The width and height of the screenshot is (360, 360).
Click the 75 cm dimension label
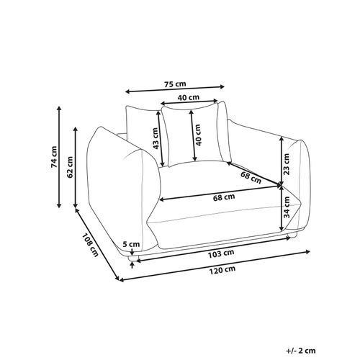tap(175, 84)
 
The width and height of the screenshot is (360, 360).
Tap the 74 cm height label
tap(54, 157)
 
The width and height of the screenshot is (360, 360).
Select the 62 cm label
tap(70, 167)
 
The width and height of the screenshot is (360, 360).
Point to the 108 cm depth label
tap(90, 245)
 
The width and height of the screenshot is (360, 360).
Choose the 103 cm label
tap(221, 253)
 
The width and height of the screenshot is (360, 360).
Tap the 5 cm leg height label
tap(131, 244)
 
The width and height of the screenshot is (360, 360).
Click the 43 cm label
tap(156, 138)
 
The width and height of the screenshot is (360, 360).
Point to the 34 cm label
tap(287, 207)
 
